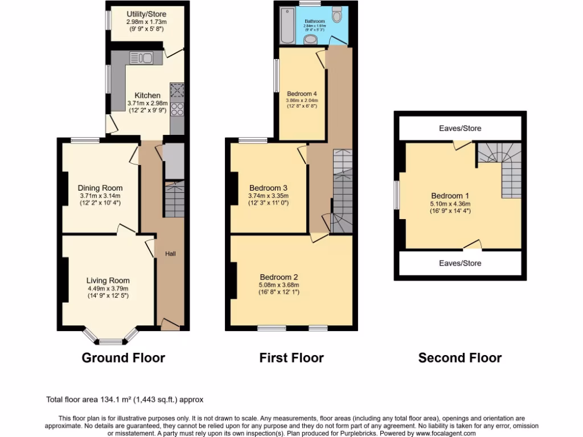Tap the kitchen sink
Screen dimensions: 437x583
coord(141,57)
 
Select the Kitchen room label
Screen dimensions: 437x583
coord(147,95)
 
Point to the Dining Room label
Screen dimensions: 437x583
coord(100,188)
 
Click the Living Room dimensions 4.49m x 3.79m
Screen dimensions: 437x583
coord(108,288)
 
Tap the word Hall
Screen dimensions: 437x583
coord(170,253)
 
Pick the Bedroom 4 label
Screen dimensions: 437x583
coord(302,93)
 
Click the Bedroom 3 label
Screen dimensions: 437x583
coord(268,188)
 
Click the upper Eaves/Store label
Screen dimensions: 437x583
coord(460,128)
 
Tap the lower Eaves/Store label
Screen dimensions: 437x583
coord(460,263)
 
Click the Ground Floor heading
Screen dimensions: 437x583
coord(124,358)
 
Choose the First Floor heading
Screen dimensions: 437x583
coord(291,358)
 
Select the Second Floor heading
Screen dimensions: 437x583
coord(460,358)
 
